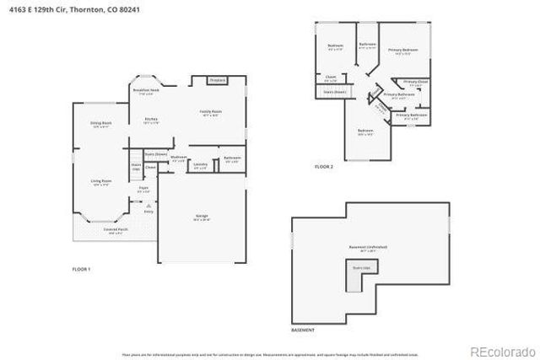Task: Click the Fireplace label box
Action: (x=217, y=80)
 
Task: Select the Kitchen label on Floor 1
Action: (x=151, y=120)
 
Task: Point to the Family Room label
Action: (x=210, y=112)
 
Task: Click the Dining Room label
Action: (x=101, y=124)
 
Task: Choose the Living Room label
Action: (x=101, y=180)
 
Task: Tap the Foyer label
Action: (x=143, y=189)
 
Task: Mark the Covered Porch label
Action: (x=116, y=229)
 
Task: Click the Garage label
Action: (x=202, y=217)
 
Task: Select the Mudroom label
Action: (x=178, y=158)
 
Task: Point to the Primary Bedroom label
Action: (x=403, y=51)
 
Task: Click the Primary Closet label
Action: (x=415, y=82)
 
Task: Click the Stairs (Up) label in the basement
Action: (x=360, y=267)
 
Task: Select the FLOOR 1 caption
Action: (x=81, y=268)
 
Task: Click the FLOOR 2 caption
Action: (x=324, y=167)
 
